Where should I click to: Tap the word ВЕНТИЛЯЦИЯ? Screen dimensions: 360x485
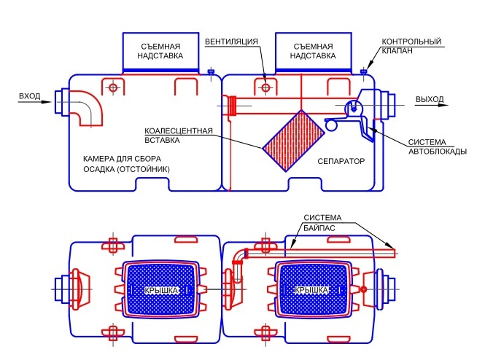(232, 42)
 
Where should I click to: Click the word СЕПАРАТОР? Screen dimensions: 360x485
(341, 160)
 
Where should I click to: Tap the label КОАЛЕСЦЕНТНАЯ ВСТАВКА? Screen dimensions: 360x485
(179, 136)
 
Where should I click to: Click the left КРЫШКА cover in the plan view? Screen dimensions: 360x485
(160, 289)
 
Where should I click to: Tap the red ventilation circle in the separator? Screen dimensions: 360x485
(266, 87)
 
